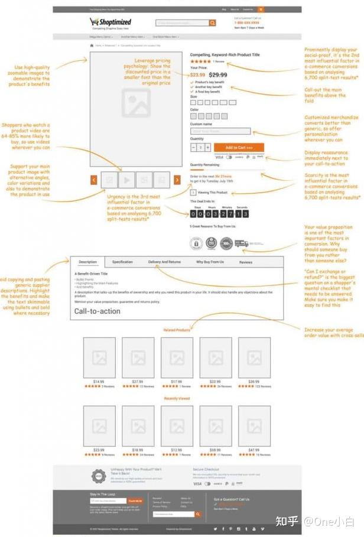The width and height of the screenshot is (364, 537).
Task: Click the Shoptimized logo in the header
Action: (110, 22)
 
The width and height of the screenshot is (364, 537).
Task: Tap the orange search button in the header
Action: (213, 23)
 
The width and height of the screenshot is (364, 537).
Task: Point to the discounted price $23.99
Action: (198, 75)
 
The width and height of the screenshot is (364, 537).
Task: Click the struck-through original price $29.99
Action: (219, 75)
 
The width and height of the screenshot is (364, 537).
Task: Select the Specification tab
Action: (122, 262)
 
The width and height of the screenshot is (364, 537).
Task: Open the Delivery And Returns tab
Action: (164, 262)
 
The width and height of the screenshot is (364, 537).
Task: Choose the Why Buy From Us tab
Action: (210, 262)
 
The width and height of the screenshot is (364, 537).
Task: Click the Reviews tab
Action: (245, 262)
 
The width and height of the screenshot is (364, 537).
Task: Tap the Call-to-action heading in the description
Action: (97, 311)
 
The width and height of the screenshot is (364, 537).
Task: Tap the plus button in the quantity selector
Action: (207, 147)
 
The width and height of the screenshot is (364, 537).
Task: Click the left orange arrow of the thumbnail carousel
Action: (94, 180)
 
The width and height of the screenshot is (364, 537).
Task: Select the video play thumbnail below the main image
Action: (126, 180)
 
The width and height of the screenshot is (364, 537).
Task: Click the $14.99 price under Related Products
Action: (99, 382)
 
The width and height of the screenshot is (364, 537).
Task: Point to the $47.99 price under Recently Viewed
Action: (254, 450)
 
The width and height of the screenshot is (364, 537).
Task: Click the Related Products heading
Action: (177, 330)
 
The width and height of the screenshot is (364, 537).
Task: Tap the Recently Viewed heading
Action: (177, 399)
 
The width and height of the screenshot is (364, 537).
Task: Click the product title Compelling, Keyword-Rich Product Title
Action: (226, 54)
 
